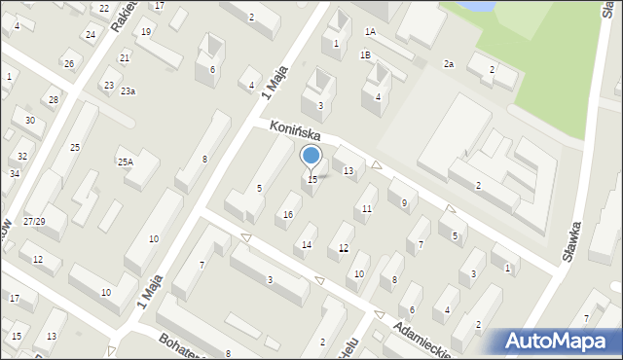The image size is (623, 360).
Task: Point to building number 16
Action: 287,214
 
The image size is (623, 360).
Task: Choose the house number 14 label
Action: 307,244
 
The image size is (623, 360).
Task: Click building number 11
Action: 366,209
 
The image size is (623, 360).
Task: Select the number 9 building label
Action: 404,202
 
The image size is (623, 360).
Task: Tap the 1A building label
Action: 370,31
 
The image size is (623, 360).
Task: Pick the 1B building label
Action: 365,55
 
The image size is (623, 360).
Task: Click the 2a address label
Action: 449,64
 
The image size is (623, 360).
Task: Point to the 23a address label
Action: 128,90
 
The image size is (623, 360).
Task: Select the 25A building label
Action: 126,162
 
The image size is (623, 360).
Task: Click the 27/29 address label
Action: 34,222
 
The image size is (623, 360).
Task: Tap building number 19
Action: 146,32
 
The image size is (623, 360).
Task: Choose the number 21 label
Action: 125,58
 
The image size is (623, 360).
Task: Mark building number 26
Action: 69,64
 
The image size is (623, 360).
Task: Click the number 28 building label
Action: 54,100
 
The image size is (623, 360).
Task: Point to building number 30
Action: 30,121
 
